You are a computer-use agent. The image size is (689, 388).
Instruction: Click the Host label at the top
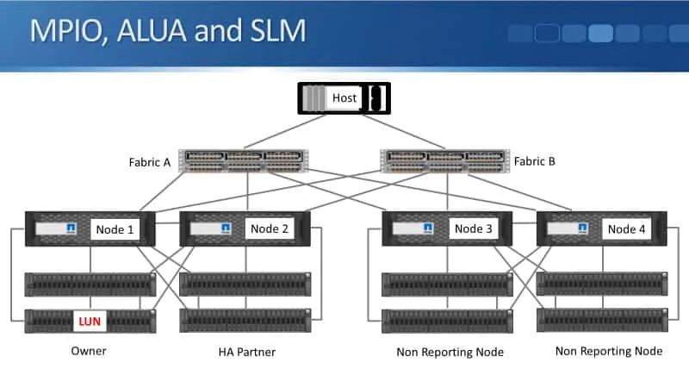tap(344, 97)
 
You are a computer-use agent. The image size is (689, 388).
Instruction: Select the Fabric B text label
tap(535, 161)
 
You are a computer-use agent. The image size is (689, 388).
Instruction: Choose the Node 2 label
tap(268, 229)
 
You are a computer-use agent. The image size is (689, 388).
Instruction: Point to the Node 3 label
tap(474, 229)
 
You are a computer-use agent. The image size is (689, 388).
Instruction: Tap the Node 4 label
tap(627, 229)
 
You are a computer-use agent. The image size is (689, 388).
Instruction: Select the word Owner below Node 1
tap(88, 352)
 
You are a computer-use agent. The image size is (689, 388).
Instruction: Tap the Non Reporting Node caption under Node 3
tap(450, 352)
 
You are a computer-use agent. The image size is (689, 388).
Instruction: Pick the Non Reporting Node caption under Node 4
tap(609, 351)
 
